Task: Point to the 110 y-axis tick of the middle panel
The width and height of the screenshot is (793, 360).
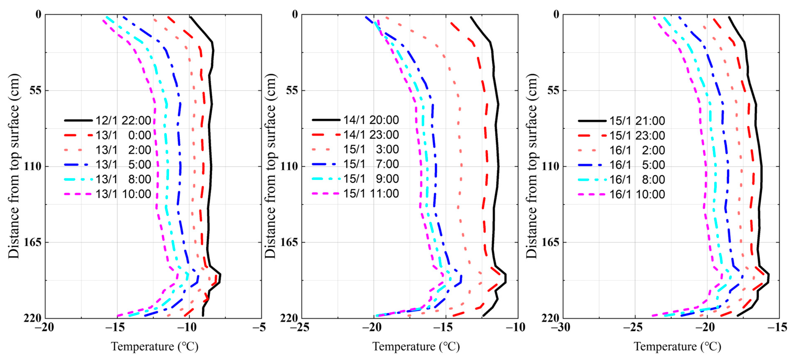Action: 289,166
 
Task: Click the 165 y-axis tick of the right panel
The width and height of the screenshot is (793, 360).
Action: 550,242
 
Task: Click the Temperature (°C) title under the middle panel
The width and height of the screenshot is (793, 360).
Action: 416,347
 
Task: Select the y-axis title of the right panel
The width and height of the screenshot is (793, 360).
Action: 532,166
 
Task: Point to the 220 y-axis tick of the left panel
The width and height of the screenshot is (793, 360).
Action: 32,318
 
